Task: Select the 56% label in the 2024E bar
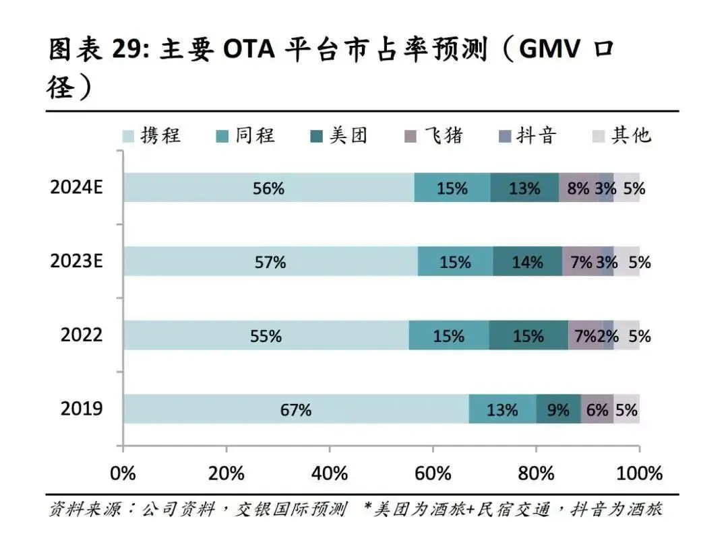coord(268,189)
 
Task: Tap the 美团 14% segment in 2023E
coord(527,262)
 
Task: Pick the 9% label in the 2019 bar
coord(558,409)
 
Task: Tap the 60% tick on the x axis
coord(433,473)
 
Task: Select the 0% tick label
coord(123,473)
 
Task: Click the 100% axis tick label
coord(640,473)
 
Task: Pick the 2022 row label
coord(82,335)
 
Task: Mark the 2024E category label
coord(76,188)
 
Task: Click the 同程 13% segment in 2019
coord(502,409)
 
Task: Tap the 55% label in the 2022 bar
coord(266,335)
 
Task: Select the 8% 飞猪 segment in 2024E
coord(578,189)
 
